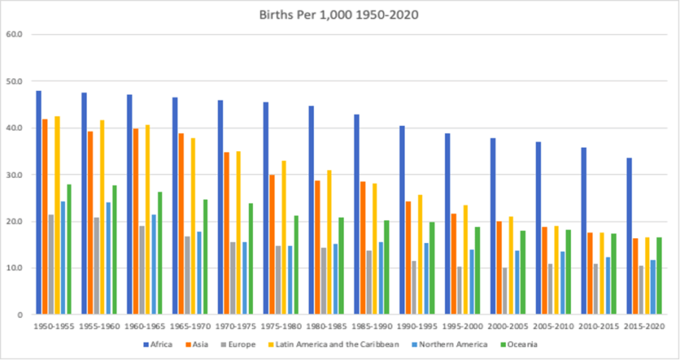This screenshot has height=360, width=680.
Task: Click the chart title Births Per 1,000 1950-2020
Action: (339, 14)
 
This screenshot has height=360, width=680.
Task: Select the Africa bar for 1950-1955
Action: (39, 203)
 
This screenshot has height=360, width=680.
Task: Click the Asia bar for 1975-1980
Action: (273, 244)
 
